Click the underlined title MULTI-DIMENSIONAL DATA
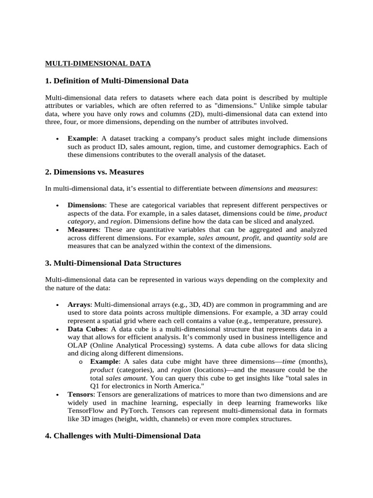(x=98, y=63)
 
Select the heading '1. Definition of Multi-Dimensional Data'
(x=117, y=80)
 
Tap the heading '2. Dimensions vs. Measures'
(x=94, y=172)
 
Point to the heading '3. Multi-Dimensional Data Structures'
(x=113, y=263)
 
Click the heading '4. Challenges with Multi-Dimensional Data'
(x=122, y=436)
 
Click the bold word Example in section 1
(x=81, y=139)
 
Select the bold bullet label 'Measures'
(x=83, y=229)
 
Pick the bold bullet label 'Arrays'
(x=79, y=304)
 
